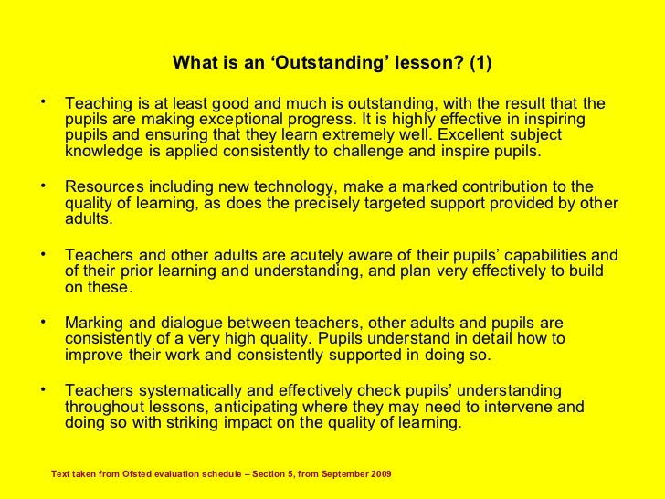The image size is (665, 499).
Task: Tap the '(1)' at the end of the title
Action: point(476,64)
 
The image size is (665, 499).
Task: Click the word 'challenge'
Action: point(371,152)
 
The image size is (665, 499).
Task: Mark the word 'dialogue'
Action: point(187,324)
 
